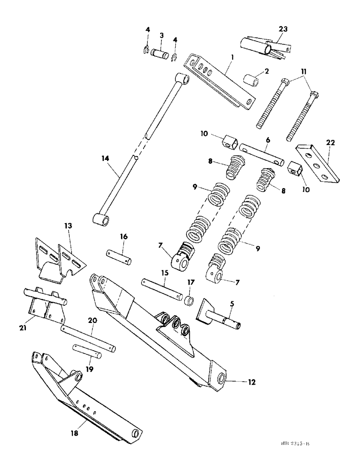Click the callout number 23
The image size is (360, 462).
click(282, 29)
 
